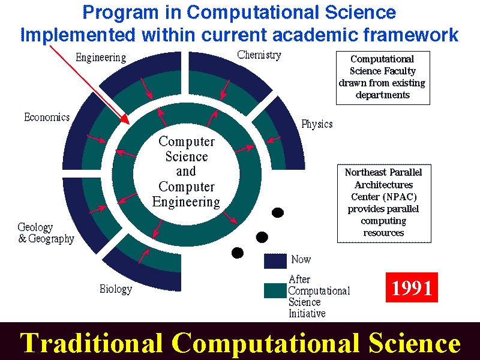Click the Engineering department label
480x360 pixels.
click(101, 58)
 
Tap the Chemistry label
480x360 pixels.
click(259, 55)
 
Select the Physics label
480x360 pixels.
click(317, 124)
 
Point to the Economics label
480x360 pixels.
click(47, 117)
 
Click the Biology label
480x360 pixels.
click(116, 289)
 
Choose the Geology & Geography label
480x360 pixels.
click(46, 233)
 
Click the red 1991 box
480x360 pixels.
click(412, 287)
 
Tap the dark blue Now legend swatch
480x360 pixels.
click(275, 261)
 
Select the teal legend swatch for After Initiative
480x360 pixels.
click(275, 290)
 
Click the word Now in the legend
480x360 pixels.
click(301, 259)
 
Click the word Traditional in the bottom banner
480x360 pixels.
click(91, 343)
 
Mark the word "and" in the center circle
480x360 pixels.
click(186, 171)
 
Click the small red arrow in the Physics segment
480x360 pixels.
click(274, 140)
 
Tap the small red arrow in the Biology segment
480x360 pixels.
click(144, 256)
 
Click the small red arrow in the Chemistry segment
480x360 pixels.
click(224, 89)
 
